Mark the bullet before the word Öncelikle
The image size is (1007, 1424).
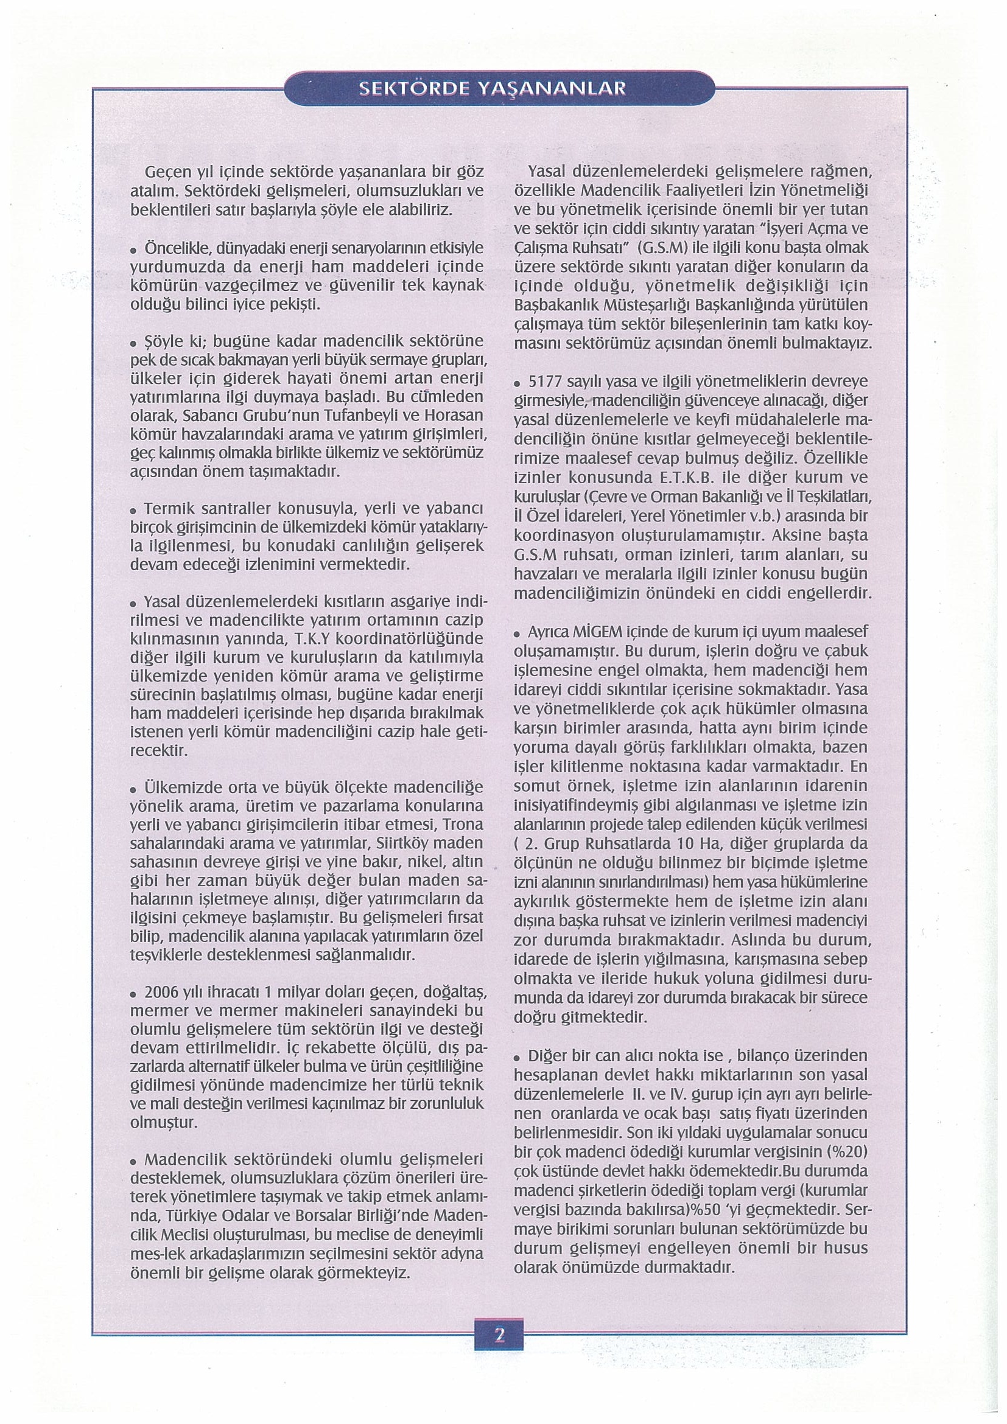pos(134,250)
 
